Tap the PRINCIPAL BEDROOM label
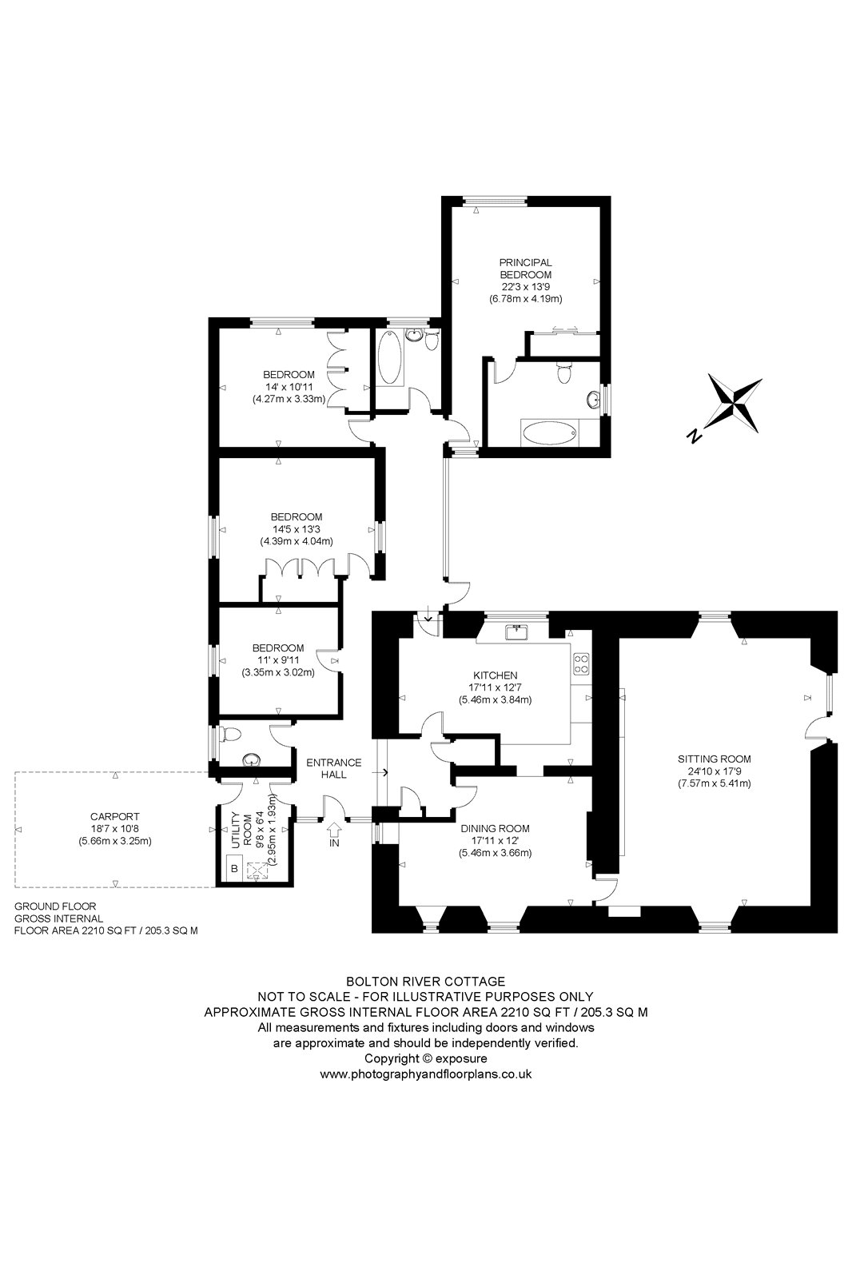525,268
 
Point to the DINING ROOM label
496,829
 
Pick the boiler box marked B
234,868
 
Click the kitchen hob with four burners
581,662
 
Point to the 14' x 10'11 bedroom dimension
289,386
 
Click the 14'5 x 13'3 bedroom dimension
296,528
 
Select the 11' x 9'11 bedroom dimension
278,659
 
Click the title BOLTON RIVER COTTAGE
425,981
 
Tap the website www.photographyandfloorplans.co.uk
425,1074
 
